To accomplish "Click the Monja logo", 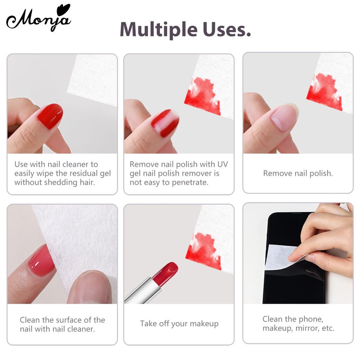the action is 38,19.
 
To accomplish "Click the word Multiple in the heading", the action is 159,30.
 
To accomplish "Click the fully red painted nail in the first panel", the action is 50,116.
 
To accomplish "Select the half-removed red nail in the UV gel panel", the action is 165,123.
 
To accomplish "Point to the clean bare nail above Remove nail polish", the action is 284,117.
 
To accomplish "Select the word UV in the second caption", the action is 222,164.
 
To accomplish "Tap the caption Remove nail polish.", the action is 298,173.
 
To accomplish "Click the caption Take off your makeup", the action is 179,323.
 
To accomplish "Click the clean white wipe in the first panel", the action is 94,79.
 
